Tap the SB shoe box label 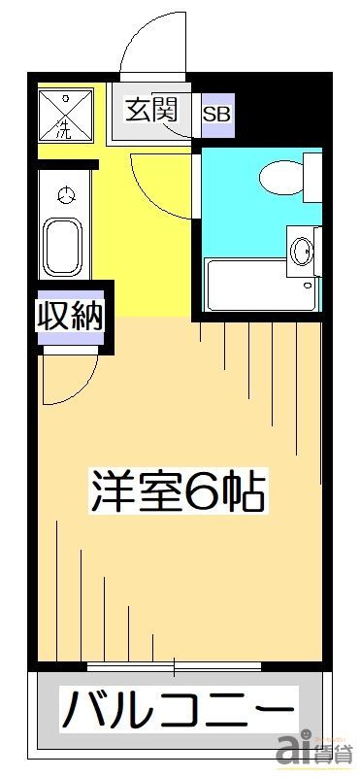(x=217, y=115)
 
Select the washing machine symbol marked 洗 (x=66, y=115)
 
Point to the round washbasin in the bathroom (x=301, y=252)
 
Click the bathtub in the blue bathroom (x=261, y=285)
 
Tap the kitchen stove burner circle (x=65, y=195)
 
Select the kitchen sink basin (x=62, y=247)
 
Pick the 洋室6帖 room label (x=177, y=490)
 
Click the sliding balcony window (x=174, y=666)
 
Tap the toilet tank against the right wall (x=312, y=178)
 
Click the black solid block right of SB (x=281, y=109)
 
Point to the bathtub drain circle (x=309, y=286)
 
